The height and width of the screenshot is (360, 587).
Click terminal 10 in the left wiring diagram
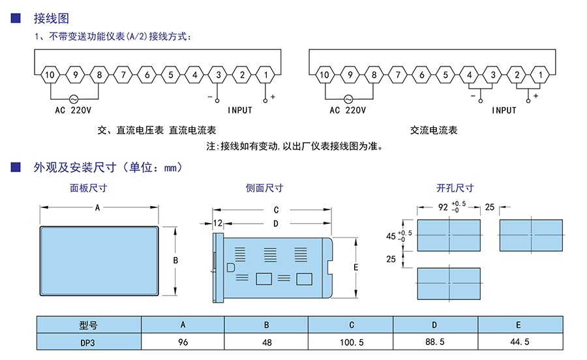pos(50,75)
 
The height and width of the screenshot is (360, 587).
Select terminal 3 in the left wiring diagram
pos(218,75)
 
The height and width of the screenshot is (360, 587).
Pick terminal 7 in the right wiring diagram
pos(398,75)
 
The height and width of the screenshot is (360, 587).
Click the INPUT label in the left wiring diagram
pos(240,110)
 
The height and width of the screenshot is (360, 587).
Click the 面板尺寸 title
pos(89,188)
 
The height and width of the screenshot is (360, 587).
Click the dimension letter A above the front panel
pos(97,208)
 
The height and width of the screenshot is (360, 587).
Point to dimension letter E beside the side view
pos(355,267)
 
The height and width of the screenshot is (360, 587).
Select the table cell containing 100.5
pos(352,342)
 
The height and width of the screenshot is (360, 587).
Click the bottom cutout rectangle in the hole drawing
pos(449,284)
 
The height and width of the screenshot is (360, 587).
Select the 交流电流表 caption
pos(434,130)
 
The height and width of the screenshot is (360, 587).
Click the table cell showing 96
pos(183,342)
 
